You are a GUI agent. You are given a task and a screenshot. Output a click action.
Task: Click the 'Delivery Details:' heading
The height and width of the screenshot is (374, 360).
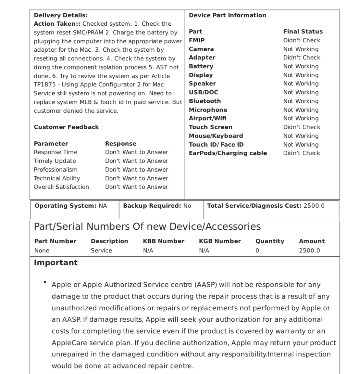pyautogui.click(x=61, y=15)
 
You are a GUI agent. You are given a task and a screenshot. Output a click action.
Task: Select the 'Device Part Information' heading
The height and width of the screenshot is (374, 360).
pyautogui.click(x=227, y=15)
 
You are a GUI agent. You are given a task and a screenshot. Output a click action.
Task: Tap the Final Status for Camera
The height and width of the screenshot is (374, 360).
pyautogui.click(x=301, y=49)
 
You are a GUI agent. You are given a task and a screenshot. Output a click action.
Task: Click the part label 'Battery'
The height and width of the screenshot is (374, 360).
pyautogui.click(x=201, y=66)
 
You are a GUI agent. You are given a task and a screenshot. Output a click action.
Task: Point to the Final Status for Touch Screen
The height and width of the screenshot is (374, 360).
pyautogui.click(x=302, y=127)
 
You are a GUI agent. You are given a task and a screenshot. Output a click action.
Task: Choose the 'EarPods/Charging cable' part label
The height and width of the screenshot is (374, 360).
pyautogui.click(x=228, y=153)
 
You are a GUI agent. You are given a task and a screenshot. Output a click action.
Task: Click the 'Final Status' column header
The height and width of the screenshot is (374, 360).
pyautogui.click(x=303, y=32)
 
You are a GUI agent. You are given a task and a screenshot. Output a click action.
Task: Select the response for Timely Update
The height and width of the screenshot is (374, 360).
pyautogui.click(x=136, y=161)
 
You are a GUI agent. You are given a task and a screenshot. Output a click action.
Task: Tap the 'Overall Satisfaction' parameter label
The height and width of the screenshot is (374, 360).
pyautogui.click(x=61, y=187)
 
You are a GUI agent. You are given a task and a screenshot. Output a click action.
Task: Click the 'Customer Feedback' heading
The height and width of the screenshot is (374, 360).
pyautogui.click(x=66, y=127)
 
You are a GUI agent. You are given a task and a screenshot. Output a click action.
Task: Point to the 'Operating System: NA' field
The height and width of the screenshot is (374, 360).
pyautogui.click(x=70, y=206)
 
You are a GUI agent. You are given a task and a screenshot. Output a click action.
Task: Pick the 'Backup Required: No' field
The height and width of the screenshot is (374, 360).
pyautogui.click(x=157, y=206)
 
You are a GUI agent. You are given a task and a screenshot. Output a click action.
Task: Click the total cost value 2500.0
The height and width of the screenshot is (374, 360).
pyautogui.click(x=314, y=206)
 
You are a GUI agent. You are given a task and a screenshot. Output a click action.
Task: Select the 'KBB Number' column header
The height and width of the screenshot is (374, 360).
pyautogui.click(x=164, y=241)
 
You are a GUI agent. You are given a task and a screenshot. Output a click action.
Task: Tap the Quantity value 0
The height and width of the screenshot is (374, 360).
pyautogui.click(x=257, y=251)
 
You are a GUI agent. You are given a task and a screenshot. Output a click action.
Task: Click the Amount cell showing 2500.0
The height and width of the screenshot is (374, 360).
pyautogui.click(x=309, y=251)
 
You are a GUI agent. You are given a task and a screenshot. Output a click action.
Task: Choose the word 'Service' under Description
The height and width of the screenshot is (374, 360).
pyautogui.click(x=101, y=251)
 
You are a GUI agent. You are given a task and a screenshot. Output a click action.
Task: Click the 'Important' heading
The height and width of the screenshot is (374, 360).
pyautogui.click(x=56, y=263)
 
